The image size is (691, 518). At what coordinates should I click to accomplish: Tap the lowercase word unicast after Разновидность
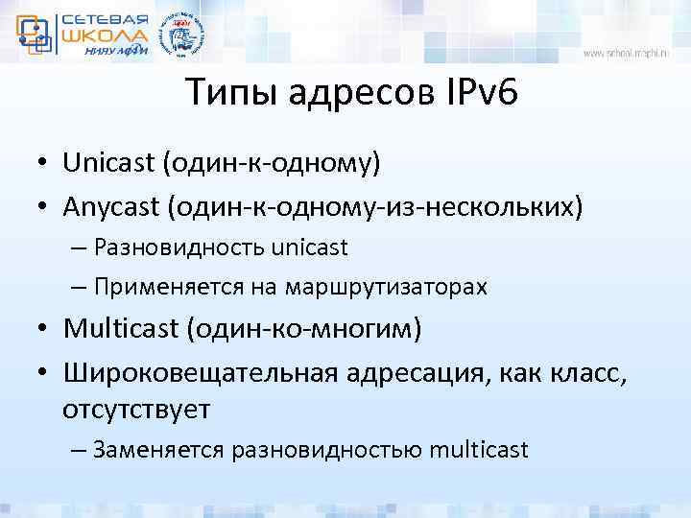click(309, 247)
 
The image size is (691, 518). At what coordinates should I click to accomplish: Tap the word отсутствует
click(136, 410)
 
